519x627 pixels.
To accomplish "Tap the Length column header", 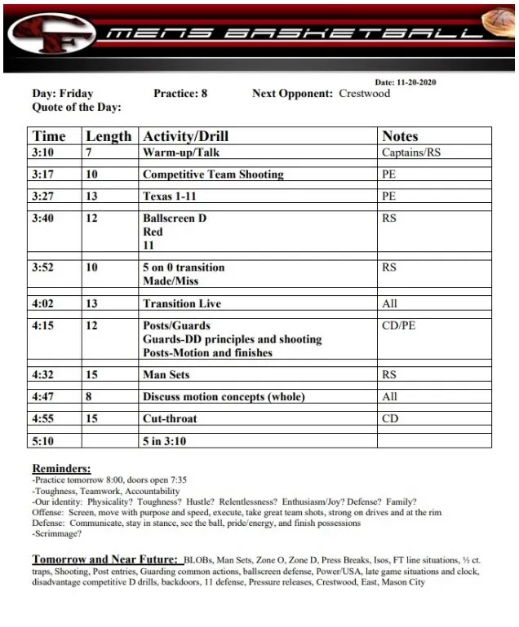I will click(x=109, y=136).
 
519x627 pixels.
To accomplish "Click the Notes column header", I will click(x=400, y=136).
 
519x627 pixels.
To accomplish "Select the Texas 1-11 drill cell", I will click(x=170, y=196).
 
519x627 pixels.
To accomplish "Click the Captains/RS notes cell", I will click(x=411, y=152).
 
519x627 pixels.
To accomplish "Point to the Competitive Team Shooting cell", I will click(x=213, y=174).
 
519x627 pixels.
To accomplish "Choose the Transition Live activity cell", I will click(x=182, y=304).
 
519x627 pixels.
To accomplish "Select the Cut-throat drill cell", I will click(x=170, y=419).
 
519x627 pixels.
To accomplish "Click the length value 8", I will click(x=89, y=397).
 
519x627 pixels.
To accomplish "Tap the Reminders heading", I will click(x=61, y=469).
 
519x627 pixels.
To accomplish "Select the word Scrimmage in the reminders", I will click(x=57, y=534).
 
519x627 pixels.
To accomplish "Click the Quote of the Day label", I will click(x=77, y=107).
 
